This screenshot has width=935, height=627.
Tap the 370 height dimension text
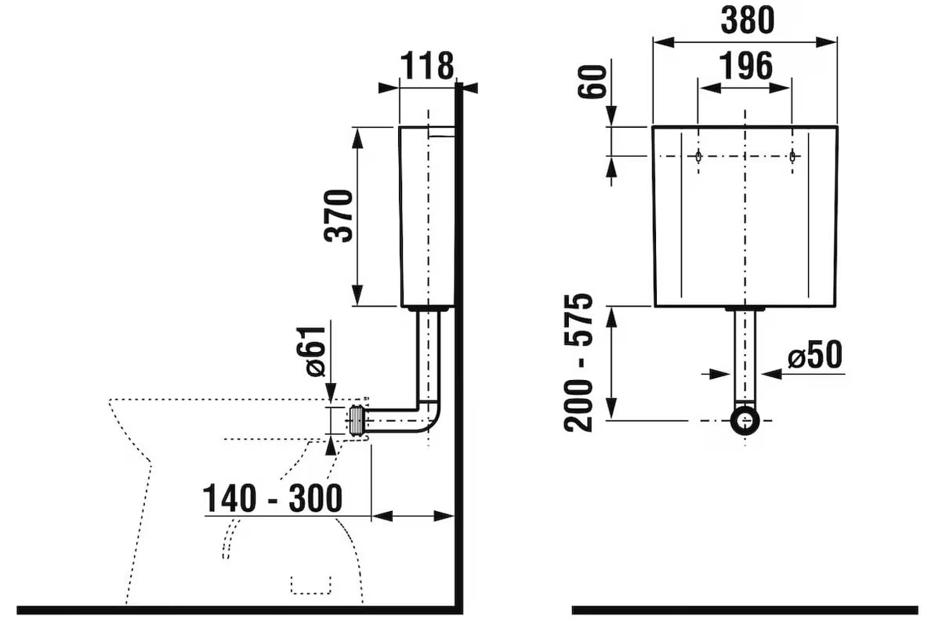pos(338,216)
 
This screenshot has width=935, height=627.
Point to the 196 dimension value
pos(745,65)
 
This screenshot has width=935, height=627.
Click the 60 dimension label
pos(593,81)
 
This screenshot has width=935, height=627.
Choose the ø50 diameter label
pos(814,355)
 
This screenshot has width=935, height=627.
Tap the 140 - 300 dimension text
pos(273,498)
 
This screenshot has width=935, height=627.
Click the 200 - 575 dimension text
pos(579,362)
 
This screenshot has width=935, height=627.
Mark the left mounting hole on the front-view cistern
pos(698,156)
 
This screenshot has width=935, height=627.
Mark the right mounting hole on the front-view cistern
pos(792,156)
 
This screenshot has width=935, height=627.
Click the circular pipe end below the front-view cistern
pos(745,420)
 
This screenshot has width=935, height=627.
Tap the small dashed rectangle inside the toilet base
pos(310,585)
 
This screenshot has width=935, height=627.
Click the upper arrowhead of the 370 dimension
pos(357,136)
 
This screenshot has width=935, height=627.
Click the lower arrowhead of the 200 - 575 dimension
pos(611,410)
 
